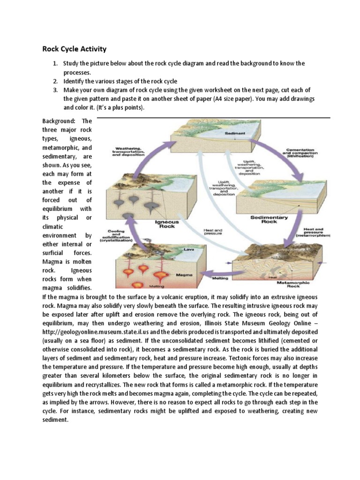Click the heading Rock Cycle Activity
tap(75, 49)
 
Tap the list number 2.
tap(55, 81)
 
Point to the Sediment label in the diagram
tap(234, 134)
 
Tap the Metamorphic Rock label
tap(298, 284)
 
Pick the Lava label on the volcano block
tap(189, 250)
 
